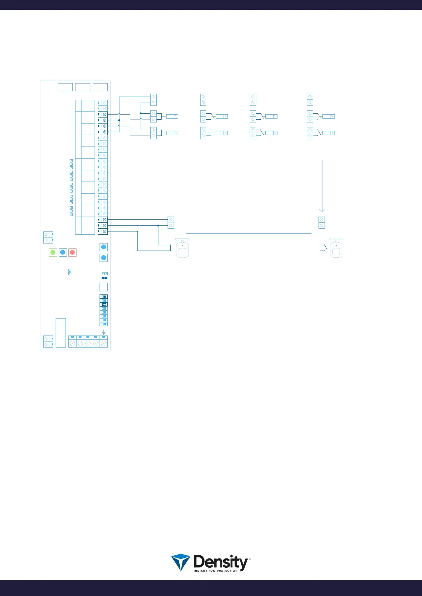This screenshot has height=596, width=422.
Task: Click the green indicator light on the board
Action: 53,252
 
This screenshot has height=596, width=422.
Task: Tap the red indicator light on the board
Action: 72,252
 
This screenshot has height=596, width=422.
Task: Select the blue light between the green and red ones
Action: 63,252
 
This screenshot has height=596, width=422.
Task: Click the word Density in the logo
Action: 220,562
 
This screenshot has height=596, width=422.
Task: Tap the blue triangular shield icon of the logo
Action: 181,562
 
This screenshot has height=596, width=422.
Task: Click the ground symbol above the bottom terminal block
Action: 103,332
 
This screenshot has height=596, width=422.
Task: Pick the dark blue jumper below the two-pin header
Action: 104,278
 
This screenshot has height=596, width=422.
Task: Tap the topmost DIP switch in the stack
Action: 103,297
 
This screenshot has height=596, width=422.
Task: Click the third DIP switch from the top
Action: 103,304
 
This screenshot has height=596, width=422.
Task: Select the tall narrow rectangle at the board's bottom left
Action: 61,333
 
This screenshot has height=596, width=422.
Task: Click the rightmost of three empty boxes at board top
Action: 100,87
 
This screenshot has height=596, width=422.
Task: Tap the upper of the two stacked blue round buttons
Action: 103,247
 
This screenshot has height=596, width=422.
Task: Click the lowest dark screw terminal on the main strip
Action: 105,231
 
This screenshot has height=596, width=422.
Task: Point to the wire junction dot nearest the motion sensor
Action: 158,225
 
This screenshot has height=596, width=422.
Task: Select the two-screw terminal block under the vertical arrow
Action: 322,223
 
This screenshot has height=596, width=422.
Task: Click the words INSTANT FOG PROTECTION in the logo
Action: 215,571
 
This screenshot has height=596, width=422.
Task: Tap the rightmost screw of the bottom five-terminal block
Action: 104,343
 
